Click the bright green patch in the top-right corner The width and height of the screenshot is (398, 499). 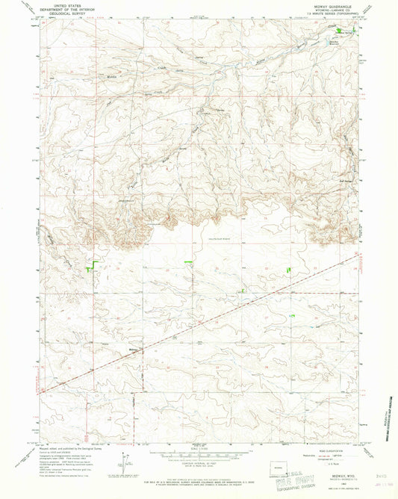345,31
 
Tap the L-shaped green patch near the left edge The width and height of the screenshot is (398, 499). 93,264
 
